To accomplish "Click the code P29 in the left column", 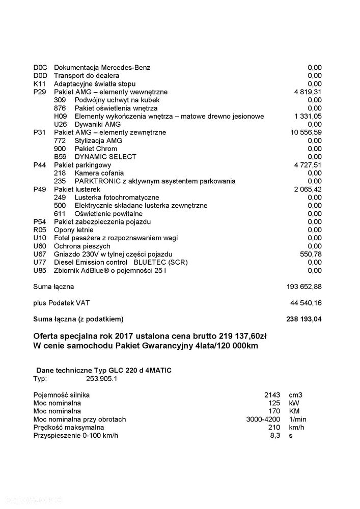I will [x=39, y=92].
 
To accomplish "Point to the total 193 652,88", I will [x=304, y=287].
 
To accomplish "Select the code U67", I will [x=40, y=254].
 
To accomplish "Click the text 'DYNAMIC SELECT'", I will [x=105, y=157].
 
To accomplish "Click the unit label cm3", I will [x=295, y=395].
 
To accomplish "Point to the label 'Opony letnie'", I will [x=73, y=230].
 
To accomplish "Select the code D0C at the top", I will [x=40, y=68].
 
